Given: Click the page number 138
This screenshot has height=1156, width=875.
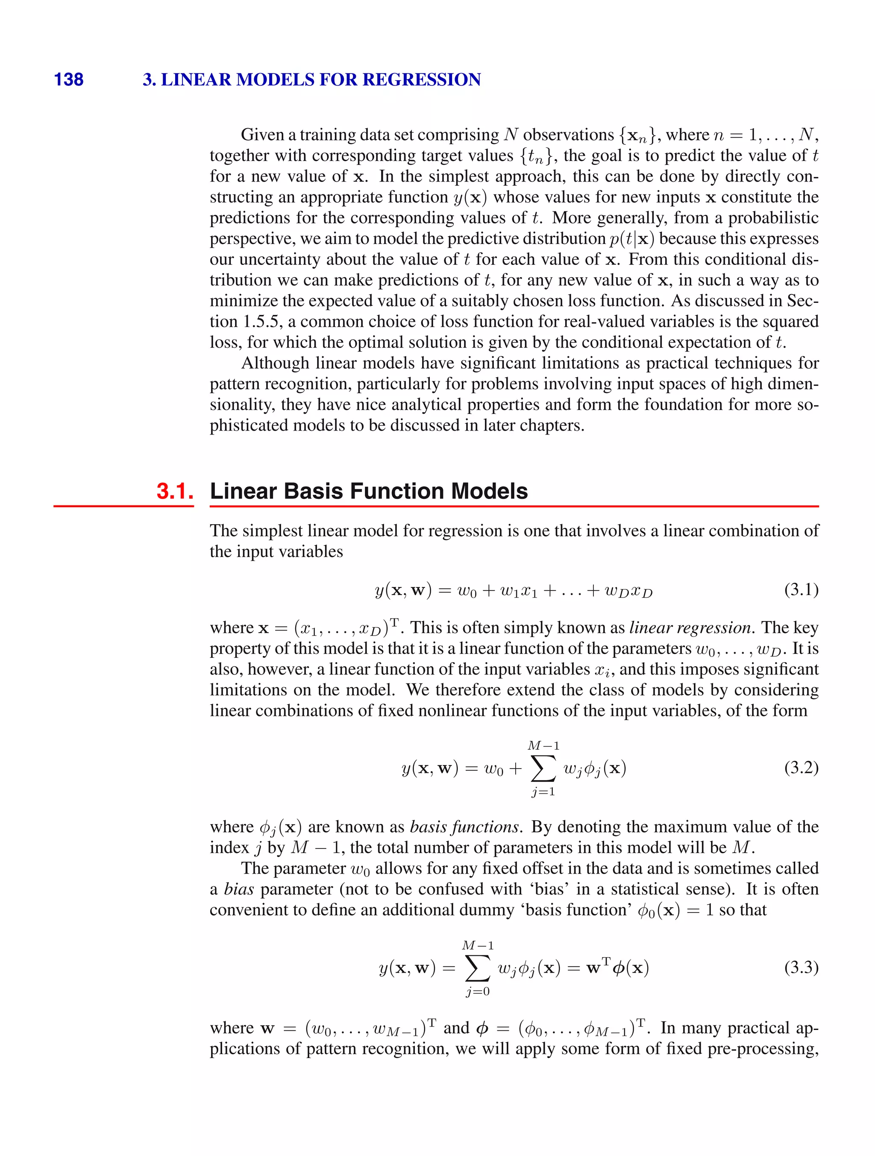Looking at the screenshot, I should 68,79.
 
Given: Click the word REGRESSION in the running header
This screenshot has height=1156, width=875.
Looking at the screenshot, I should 421,79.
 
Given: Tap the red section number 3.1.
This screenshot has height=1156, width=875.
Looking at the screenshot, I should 175,491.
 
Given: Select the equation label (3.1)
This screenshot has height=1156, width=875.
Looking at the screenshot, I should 801,590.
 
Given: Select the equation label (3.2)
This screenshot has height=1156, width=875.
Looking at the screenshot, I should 801,768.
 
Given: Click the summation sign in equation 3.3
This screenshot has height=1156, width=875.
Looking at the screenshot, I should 478,968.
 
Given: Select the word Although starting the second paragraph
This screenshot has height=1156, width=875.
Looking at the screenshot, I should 276,363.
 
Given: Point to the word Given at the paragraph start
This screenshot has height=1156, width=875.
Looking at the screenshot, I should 261,135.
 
